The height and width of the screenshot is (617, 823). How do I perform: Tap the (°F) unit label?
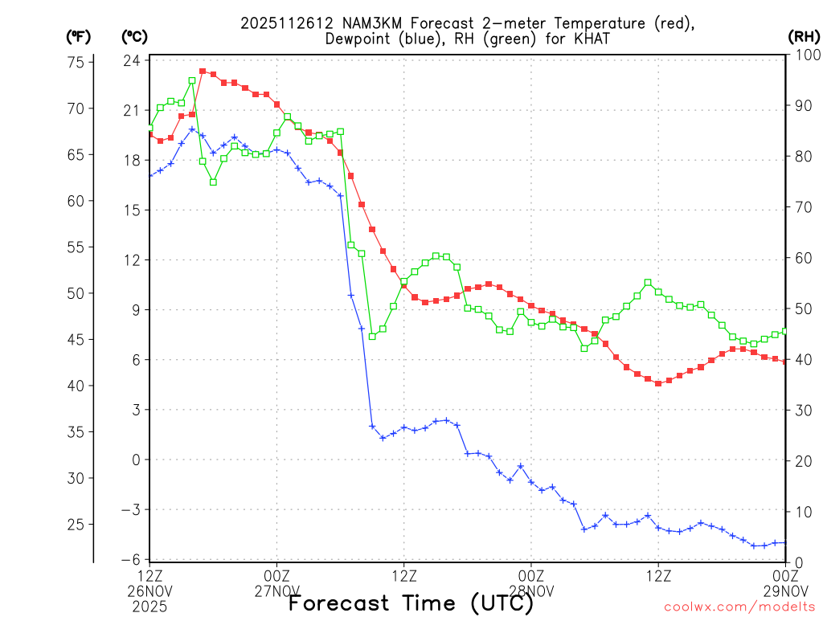(79, 36)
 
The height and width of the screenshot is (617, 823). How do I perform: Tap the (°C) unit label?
(133, 36)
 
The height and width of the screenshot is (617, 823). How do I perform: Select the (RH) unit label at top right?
(803, 36)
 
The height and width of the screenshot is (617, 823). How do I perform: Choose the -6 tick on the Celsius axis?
(132, 559)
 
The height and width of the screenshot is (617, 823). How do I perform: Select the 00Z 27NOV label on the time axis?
(277, 582)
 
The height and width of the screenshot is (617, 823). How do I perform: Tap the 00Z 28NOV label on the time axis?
(531, 582)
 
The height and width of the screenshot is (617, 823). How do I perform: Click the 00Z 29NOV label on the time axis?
(785, 582)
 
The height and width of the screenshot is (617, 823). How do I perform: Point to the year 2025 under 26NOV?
(150, 605)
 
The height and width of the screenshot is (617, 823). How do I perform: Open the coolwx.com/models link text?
(739, 606)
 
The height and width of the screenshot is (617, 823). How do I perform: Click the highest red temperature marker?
(203, 72)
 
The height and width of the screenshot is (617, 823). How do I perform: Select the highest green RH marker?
(192, 80)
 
